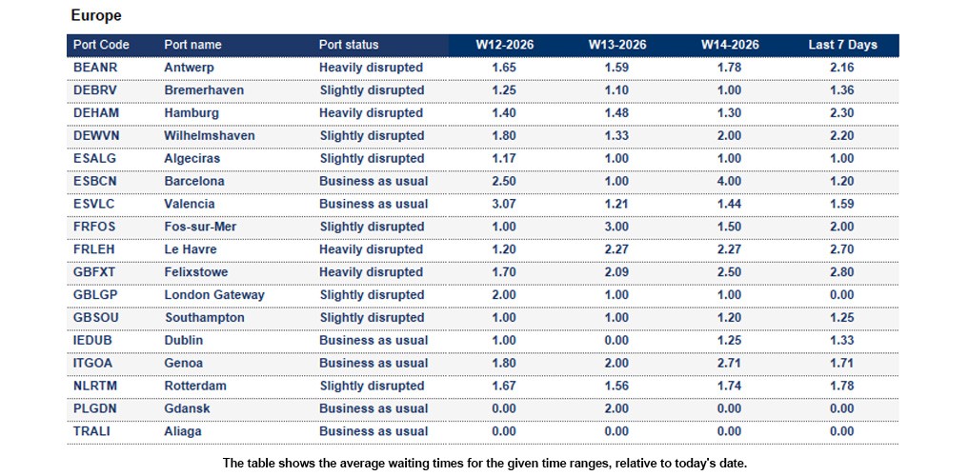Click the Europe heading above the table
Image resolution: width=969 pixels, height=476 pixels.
click(96, 16)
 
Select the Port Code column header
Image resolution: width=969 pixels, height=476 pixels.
click(101, 45)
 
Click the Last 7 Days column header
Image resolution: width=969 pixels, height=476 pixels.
click(841, 45)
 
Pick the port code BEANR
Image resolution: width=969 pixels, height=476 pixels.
click(94, 68)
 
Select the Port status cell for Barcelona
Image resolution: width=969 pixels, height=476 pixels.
click(373, 181)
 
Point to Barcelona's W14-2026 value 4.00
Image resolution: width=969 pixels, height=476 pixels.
click(729, 181)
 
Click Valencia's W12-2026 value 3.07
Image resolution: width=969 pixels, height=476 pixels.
click(504, 204)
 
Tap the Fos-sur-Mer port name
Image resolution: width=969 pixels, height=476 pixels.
click(201, 227)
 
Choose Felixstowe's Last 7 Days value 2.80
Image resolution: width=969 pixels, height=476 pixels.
click(841, 272)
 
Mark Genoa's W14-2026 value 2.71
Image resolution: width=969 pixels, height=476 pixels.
click(729, 363)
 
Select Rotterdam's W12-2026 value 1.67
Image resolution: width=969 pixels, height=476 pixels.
click(504, 386)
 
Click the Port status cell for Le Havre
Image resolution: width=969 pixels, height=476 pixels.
click(371, 249)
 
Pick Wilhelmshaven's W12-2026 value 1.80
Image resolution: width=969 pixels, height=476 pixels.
click(504, 136)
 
